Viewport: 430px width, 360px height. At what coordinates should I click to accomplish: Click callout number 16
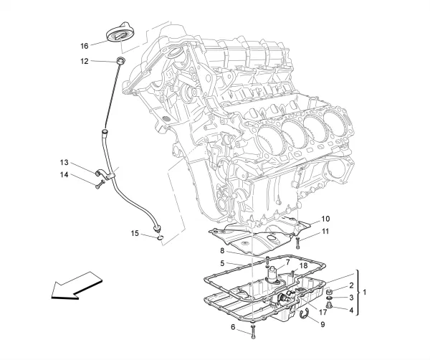click(x=84, y=45)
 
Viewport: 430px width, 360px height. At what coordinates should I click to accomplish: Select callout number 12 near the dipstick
click(x=84, y=62)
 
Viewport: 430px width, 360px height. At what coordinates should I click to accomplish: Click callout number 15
click(x=134, y=232)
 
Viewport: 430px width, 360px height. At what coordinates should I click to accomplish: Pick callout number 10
click(x=325, y=219)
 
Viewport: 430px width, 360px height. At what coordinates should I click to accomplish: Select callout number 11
click(x=325, y=231)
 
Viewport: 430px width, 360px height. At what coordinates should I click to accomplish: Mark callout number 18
click(x=303, y=266)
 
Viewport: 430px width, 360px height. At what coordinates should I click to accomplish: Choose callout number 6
click(x=232, y=327)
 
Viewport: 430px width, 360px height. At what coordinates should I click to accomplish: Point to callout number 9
click(x=322, y=324)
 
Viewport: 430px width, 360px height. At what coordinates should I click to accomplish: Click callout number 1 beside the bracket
click(x=365, y=293)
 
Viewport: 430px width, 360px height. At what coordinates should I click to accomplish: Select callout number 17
click(x=323, y=312)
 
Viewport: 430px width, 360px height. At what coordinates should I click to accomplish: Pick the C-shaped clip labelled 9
click(x=306, y=313)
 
